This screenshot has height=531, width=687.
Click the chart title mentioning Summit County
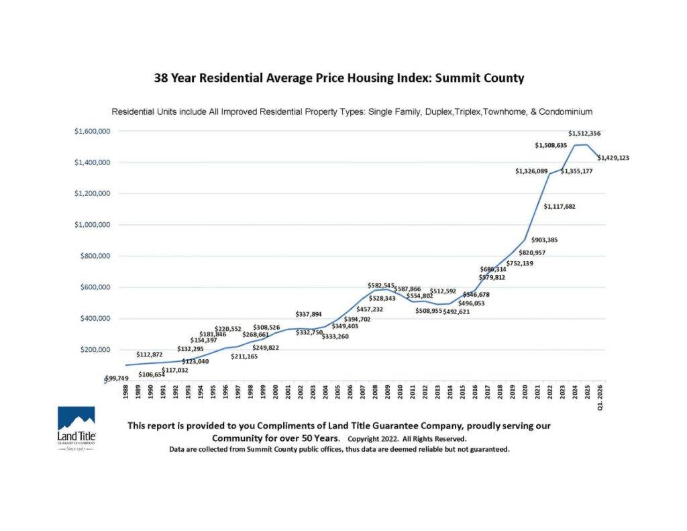click(339, 78)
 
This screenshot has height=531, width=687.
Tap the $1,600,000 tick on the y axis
click(92, 131)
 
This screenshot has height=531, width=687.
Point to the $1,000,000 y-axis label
click(92, 225)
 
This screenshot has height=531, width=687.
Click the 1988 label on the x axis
click(126, 393)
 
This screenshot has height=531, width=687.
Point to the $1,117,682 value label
click(564, 206)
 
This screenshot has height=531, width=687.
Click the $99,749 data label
click(121, 379)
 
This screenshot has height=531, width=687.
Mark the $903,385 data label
click(544, 240)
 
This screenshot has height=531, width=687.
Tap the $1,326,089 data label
click(535, 171)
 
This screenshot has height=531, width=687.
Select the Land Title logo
click(76, 428)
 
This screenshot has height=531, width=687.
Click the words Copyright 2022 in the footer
click(372, 438)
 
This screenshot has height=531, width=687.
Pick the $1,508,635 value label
click(555, 145)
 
